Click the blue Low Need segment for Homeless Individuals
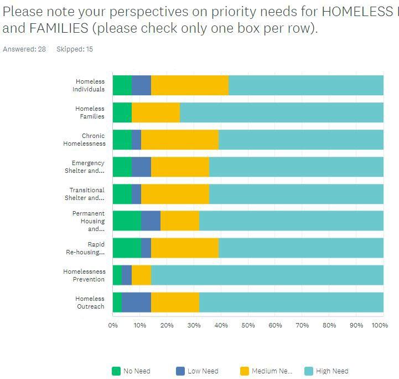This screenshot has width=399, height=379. tap(141, 85)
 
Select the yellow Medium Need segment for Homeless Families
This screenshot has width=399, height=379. tap(156, 112)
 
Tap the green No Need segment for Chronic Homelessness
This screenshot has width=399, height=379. tap(122, 140)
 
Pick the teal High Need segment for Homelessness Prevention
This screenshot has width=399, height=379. tap(267, 275)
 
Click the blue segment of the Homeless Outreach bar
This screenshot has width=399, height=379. tap(136, 303)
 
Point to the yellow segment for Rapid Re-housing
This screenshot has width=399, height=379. tap(184, 248)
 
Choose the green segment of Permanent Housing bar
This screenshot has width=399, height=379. tap(126, 221)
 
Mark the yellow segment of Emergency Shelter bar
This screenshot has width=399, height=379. tap(180, 167)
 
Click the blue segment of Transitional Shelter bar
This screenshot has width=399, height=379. tap(136, 194)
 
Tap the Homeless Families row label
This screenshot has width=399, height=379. tap(90, 112)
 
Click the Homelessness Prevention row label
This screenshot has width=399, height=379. tap(84, 275)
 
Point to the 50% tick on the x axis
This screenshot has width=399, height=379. tap(248, 325)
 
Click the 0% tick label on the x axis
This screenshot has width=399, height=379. tap(113, 325)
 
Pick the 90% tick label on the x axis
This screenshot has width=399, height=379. tap(356, 325)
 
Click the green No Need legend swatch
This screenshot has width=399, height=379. tap(116, 371)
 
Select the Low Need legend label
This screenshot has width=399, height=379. tap(203, 371)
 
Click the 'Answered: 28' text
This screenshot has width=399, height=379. tap(24, 49)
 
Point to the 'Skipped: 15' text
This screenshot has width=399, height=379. tap(75, 49)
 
